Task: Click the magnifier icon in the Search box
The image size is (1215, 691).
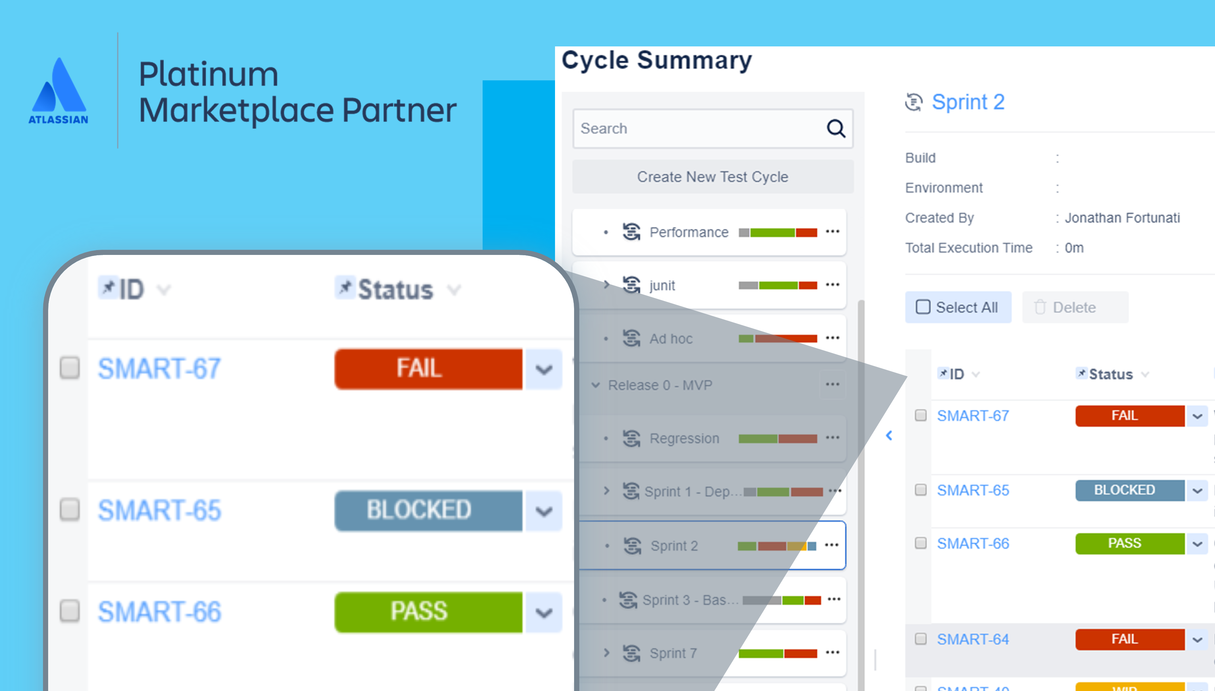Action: [x=836, y=129]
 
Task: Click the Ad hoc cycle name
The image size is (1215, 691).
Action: [x=671, y=339]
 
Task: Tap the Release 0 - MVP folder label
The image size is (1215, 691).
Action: [x=660, y=385]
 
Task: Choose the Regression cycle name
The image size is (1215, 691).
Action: [x=684, y=438]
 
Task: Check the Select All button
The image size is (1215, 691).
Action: [x=958, y=308]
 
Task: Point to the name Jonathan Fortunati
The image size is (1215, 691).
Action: [x=1122, y=218]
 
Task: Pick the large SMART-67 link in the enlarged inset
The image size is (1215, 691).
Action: [x=159, y=369]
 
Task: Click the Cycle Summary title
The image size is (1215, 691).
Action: [x=657, y=61]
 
